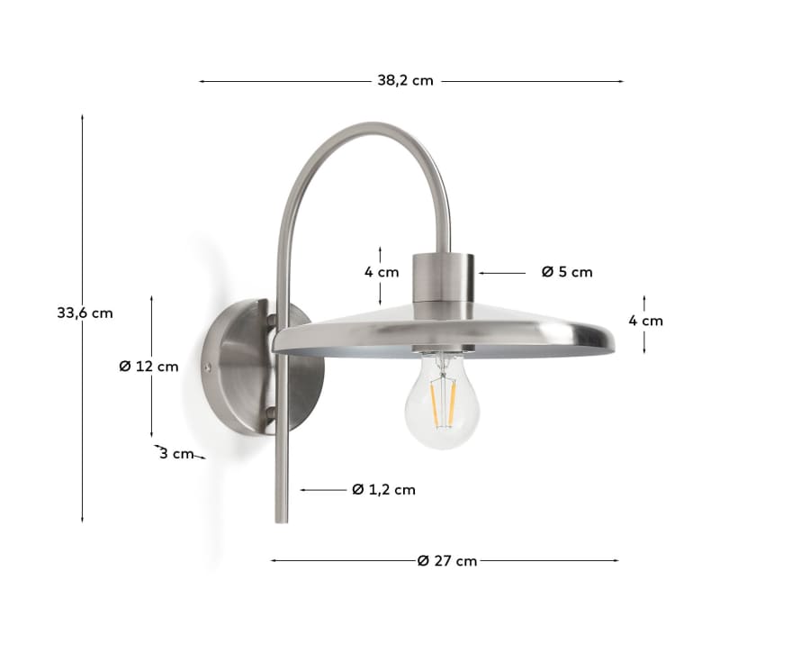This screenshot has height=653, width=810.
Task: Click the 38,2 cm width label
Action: pyautogui.click(x=405, y=80)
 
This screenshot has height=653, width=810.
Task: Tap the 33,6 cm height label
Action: pyautogui.click(x=85, y=313)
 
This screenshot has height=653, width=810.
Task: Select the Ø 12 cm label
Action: pyautogui.click(x=148, y=367)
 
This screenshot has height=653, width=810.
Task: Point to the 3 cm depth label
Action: pyautogui.click(x=176, y=454)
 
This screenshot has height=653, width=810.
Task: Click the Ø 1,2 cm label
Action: pyautogui.click(x=384, y=490)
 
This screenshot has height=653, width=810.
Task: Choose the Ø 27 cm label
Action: pyautogui.click(x=447, y=561)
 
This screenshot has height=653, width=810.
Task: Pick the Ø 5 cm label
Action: pyautogui.click(x=567, y=272)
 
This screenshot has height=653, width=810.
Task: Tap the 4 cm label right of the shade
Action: pyautogui.click(x=645, y=321)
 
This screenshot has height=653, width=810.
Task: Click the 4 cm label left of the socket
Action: pyautogui.click(x=382, y=272)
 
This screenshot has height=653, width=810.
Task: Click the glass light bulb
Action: pyautogui.click(x=440, y=401)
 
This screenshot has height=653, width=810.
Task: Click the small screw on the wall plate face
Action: pyautogui.click(x=208, y=367)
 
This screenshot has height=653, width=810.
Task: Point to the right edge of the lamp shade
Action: pyautogui.click(x=614, y=340)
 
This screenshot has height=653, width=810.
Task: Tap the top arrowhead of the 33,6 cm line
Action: pyautogui.click(x=83, y=118)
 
